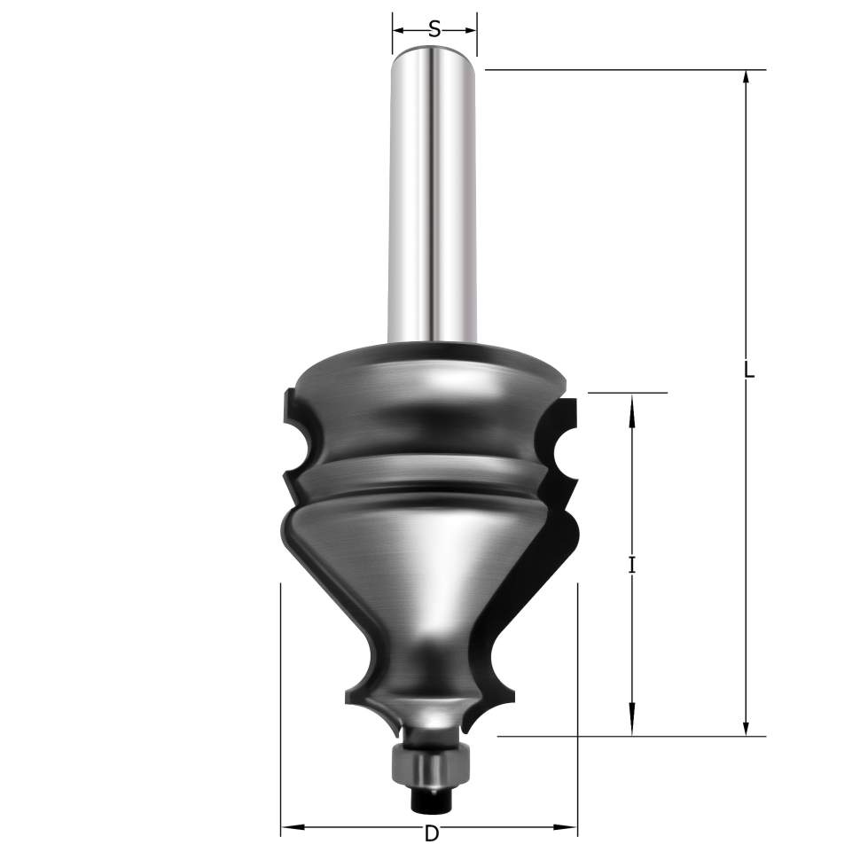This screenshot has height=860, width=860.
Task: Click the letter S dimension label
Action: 434,28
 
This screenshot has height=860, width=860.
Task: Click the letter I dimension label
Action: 632,565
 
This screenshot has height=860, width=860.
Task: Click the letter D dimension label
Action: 432,833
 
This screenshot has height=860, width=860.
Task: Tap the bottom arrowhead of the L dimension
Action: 746,727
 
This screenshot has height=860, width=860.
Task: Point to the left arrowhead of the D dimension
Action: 290,826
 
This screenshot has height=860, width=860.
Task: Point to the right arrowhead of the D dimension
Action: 568,826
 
